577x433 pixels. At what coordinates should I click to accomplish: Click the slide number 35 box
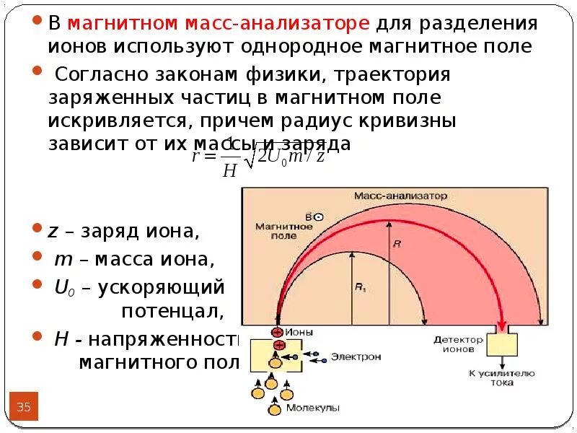(x=24, y=408)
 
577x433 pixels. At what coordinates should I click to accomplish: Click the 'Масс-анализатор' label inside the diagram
(x=401, y=196)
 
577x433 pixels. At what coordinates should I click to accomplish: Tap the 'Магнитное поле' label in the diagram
(x=283, y=231)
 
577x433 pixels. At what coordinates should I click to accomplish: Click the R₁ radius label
(x=360, y=287)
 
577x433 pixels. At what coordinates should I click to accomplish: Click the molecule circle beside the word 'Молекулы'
(x=274, y=410)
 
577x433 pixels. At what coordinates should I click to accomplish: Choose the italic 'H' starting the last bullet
(x=61, y=339)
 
